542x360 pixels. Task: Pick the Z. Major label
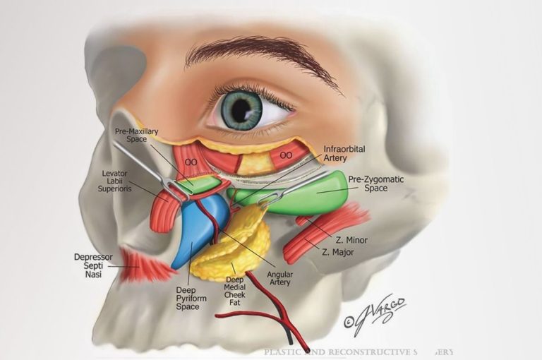point(337,252)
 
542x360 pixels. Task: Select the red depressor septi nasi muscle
point(145,265)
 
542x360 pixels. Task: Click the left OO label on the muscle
point(190,162)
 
